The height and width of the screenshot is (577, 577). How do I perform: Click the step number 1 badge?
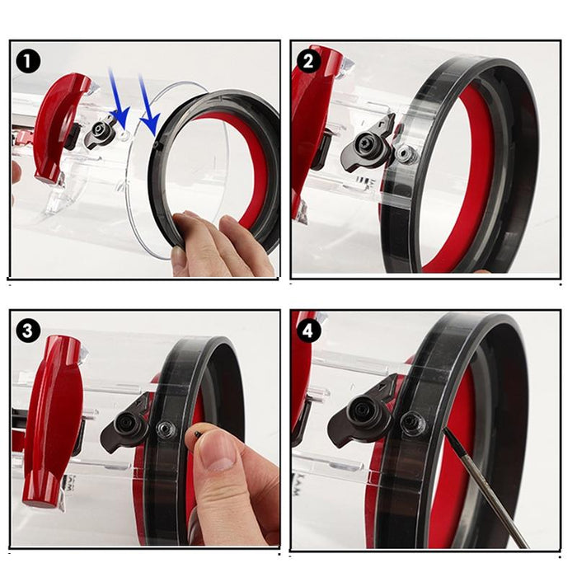tap(30, 61)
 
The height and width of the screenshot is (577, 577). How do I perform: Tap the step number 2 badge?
tap(308, 61)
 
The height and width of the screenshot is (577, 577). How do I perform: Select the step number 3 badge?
tap(30, 331)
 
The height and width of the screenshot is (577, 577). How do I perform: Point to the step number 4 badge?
tap(308, 331)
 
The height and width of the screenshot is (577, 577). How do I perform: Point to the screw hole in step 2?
tap(404, 153)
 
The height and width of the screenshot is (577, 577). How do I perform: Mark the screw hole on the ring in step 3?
tap(167, 429)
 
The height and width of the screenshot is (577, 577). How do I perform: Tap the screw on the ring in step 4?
tap(412, 424)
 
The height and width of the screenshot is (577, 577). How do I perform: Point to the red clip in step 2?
tap(312, 124)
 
